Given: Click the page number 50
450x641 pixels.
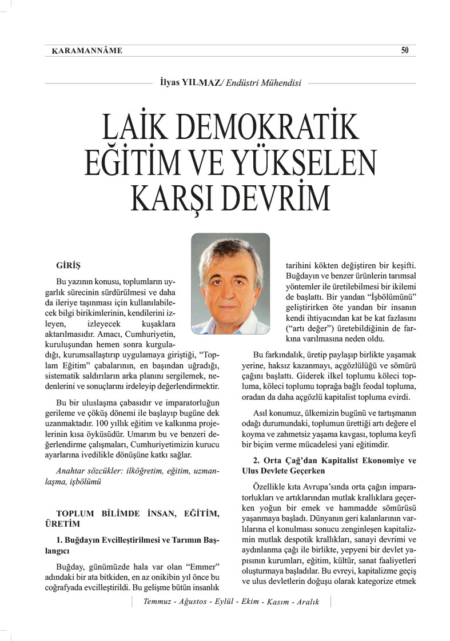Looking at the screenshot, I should pyautogui.click(x=405, y=50).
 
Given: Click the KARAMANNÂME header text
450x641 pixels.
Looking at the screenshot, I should pyautogui.click(x=87, y=51).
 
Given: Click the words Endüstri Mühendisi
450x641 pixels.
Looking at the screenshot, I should pyautogui.click(x=264, y=83).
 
